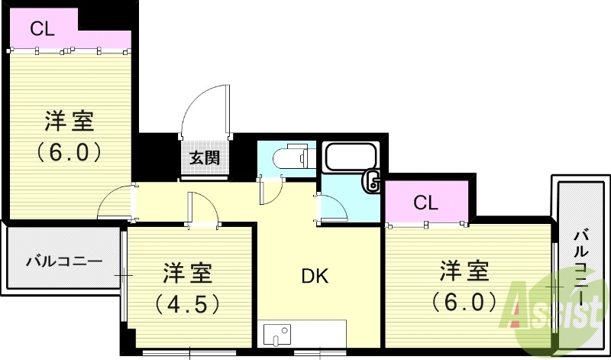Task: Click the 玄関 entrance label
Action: coord(205,158)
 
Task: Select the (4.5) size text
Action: coord(188,304)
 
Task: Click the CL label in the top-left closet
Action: coord(42,29)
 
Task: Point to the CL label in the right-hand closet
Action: coord(425,203)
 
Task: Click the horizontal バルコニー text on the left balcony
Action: coord(64,261)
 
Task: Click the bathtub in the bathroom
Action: coord(351,158)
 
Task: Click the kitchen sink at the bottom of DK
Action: coord(277,334)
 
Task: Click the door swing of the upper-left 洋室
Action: coord(115,203)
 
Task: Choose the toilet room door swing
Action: coord(271,190)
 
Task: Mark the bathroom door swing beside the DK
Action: coord(330,207)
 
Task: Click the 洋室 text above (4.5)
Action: coord(188,274)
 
